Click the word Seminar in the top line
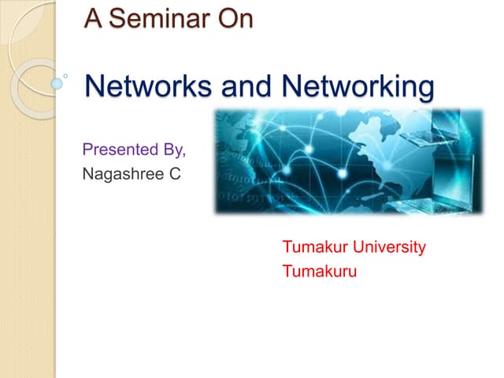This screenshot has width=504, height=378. [161, 18]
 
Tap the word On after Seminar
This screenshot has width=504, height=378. [234, 18]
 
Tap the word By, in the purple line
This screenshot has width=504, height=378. [175, 150]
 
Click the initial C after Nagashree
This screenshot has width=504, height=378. [175, 172]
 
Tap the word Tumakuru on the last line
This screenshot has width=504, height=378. [320, 272]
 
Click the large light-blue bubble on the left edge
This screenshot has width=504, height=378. [57, 82]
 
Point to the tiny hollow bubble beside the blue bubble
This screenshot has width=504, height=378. [65, 76]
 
